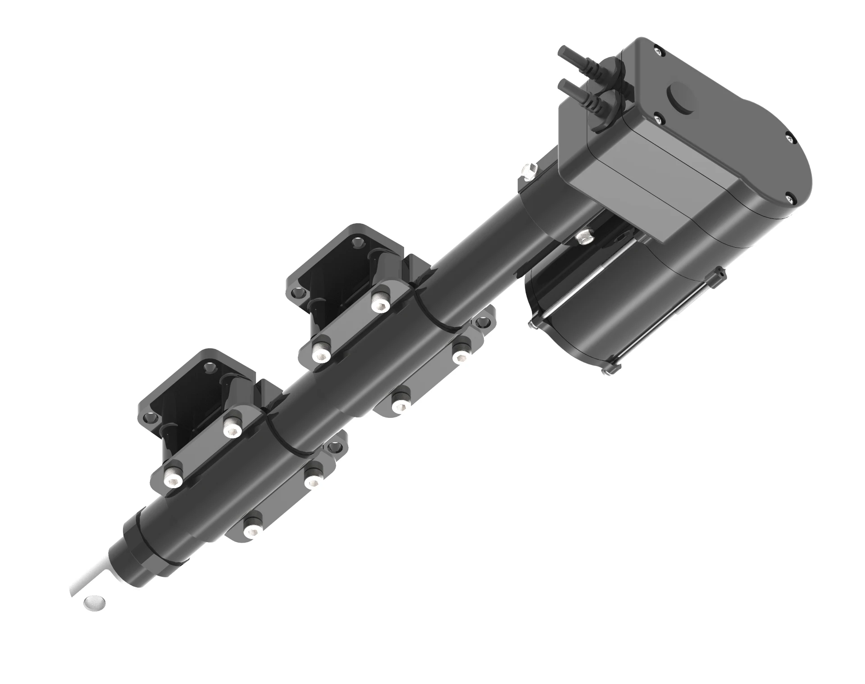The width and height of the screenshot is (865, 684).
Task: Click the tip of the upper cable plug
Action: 561,52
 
